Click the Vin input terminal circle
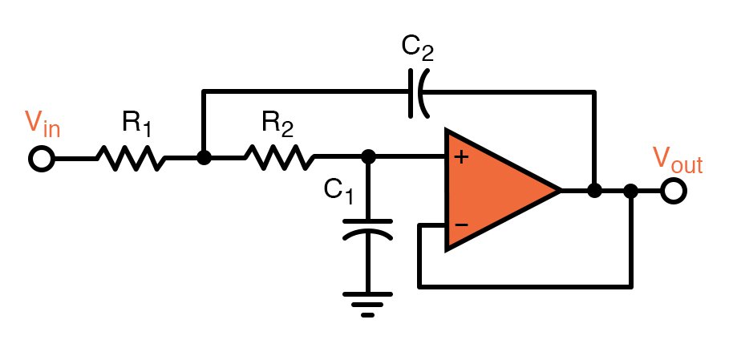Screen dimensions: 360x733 (x=41, y=159)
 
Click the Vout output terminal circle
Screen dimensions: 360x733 (x=673, y=191)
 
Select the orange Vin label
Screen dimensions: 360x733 (x=43, y=123)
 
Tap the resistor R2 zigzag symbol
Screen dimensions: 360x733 (x=279, y=158)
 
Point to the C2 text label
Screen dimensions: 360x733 (x=417, y=51)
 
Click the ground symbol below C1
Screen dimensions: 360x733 (x=368, y=303)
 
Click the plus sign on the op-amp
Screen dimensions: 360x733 (x=461, y=157)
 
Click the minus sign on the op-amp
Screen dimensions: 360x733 (x=461, y=224)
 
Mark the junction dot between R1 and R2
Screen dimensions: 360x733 (x=204, y=158)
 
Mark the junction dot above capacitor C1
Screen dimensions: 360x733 (x=368, y=158)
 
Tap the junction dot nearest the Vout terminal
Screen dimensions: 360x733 (x=631, y=191)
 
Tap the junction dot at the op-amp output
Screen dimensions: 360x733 (x=594, y=191)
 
